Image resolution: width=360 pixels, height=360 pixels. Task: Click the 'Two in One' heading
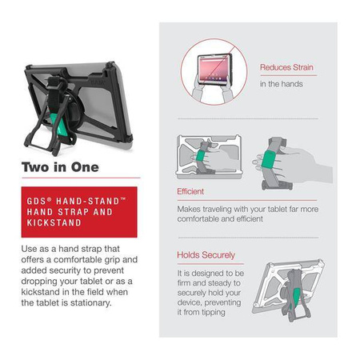[x=61, y=168]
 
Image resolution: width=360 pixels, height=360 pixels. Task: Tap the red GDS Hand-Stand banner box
[x=79, y=212]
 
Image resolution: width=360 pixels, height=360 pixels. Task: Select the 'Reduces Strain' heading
[x=286, y=68]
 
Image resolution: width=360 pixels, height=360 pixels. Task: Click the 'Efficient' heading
[x=190, y=192]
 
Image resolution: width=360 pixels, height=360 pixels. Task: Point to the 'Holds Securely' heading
[x=206, y=255]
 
